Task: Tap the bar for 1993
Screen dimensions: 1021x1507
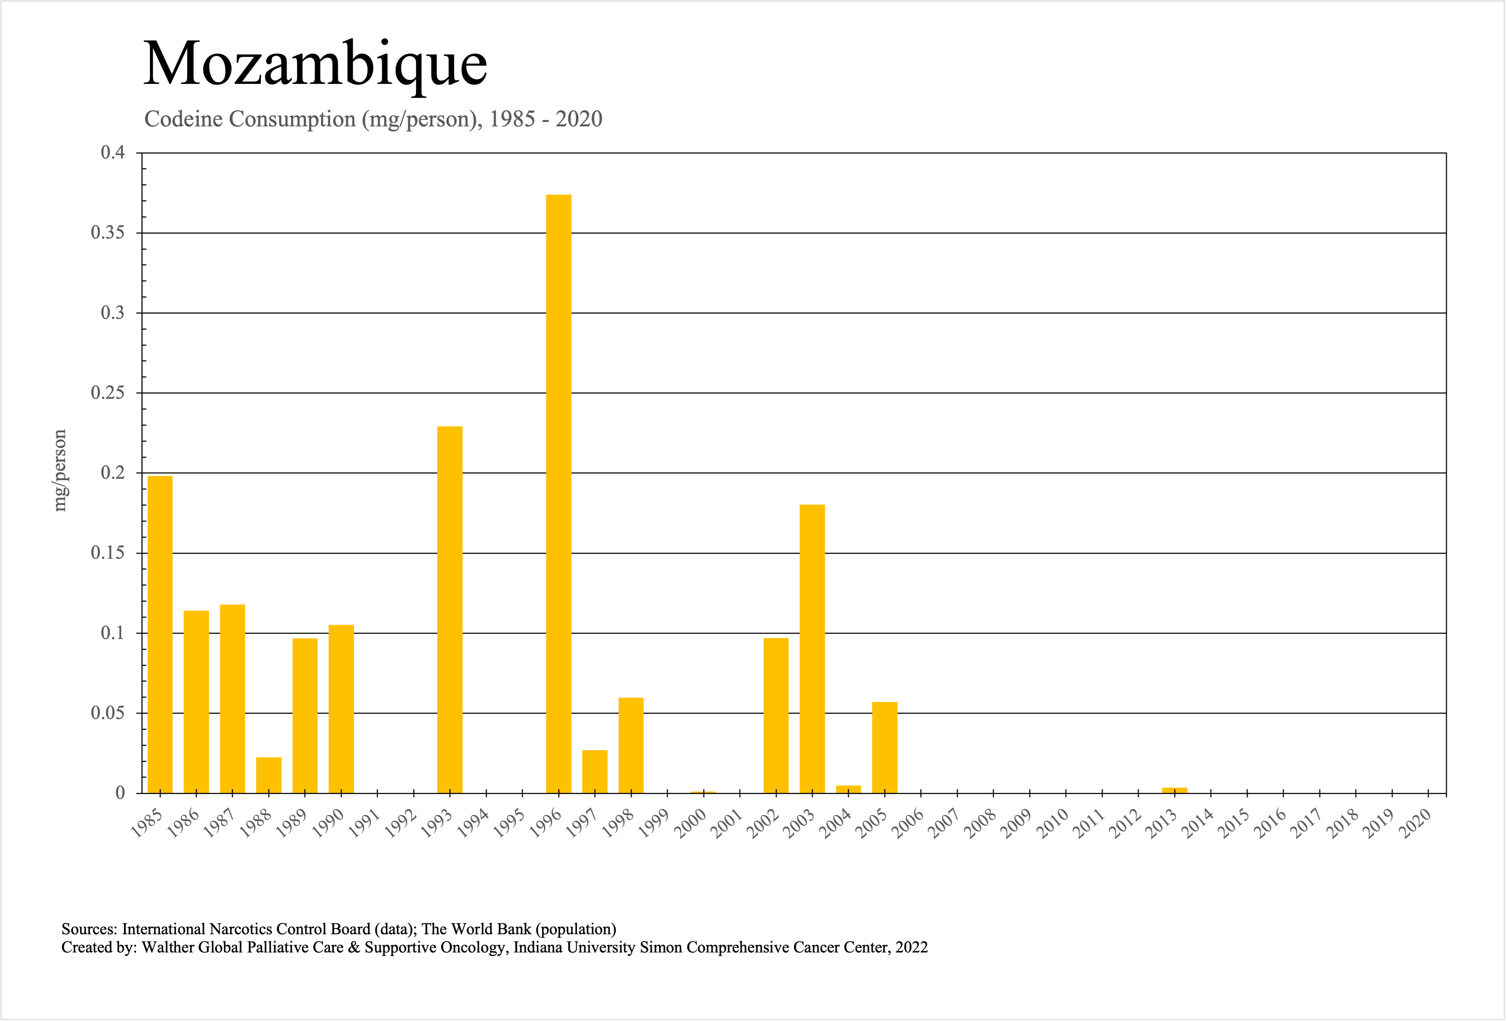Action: (x=449, y=609)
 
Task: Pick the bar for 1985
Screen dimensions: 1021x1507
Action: (x=160, y=634)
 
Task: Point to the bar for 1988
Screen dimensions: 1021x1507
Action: (x=268, y=775)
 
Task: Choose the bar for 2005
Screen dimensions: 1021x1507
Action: (x=884, y=748)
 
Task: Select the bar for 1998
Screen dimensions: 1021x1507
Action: (x=631, y=745)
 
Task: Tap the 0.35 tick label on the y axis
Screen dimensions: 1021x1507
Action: (x=108, y=233)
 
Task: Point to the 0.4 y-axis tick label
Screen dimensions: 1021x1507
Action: (x=113, y=153)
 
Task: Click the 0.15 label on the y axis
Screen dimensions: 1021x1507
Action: (x=108, y=553)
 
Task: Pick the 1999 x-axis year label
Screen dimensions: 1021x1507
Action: (x=654, y=825)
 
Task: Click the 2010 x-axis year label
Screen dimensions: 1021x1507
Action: (x=1053, y=825)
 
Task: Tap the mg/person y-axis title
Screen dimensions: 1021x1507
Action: (x=60, y=471)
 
